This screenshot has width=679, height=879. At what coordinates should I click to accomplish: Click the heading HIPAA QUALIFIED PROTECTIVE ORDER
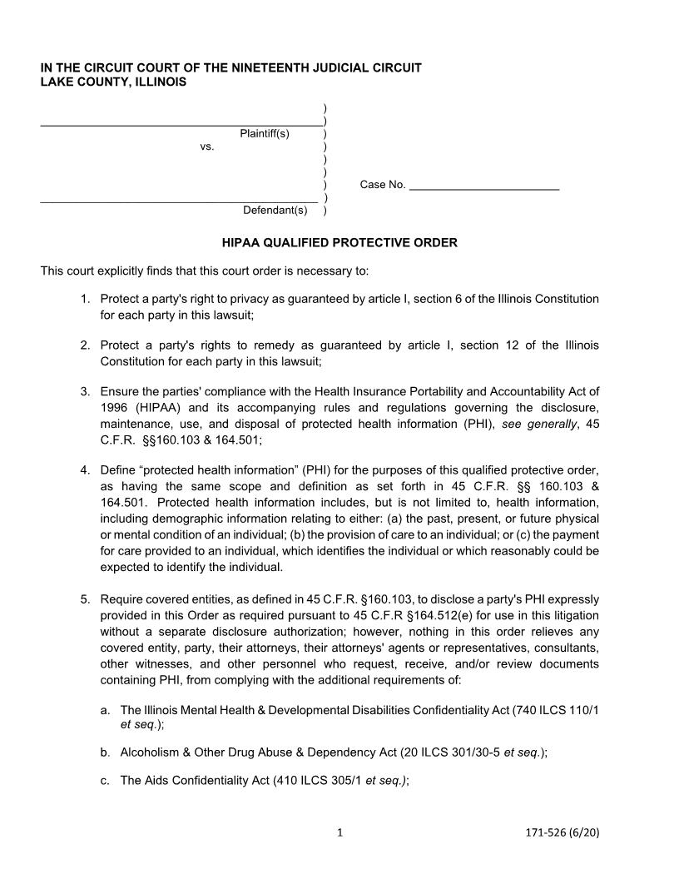pyautogui.click(x=339, y=243)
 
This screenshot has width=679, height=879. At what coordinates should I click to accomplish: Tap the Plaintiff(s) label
pyautogui.click(x=265, y=134)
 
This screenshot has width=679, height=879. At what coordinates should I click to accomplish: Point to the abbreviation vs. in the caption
pyautogui.click(x=207, y=146)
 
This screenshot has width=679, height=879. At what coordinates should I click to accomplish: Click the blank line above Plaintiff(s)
pyautogui.click(x=181, y=123)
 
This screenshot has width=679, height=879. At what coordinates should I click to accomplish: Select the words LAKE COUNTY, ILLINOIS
pyautogui.click(x=114, y=82)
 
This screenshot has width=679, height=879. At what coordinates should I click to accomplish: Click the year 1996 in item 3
pyautogui.click(x=114, y=408)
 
